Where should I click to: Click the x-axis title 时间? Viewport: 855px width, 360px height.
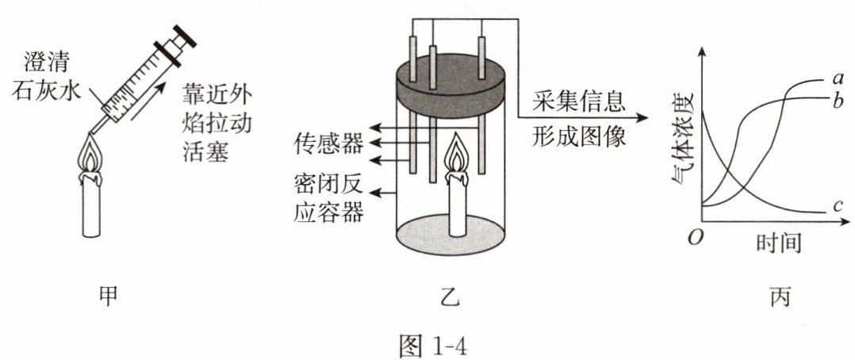point(774,241)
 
